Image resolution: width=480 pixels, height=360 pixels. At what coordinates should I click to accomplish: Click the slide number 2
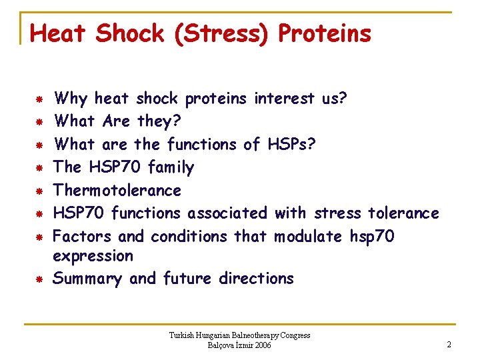point(449,345)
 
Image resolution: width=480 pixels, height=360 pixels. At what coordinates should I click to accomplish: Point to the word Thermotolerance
point(117,190)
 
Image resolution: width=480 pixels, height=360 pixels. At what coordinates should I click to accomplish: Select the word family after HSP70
point(171,167)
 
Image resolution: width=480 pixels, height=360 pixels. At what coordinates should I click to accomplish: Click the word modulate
point(309,236)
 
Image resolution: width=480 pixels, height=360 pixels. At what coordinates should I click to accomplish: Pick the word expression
point(93,256)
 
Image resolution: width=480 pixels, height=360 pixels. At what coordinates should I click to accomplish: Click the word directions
point(256,279)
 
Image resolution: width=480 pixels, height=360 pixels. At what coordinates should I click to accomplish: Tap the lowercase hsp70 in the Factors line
point(372,236)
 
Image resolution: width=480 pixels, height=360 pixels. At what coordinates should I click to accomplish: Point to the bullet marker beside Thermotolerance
point(39,191)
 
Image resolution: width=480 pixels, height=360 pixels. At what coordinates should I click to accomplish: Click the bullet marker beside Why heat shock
point(39,99)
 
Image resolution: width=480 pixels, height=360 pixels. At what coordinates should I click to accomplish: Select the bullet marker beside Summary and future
point(39,279)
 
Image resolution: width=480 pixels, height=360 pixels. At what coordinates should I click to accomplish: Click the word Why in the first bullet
point(71,99)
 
